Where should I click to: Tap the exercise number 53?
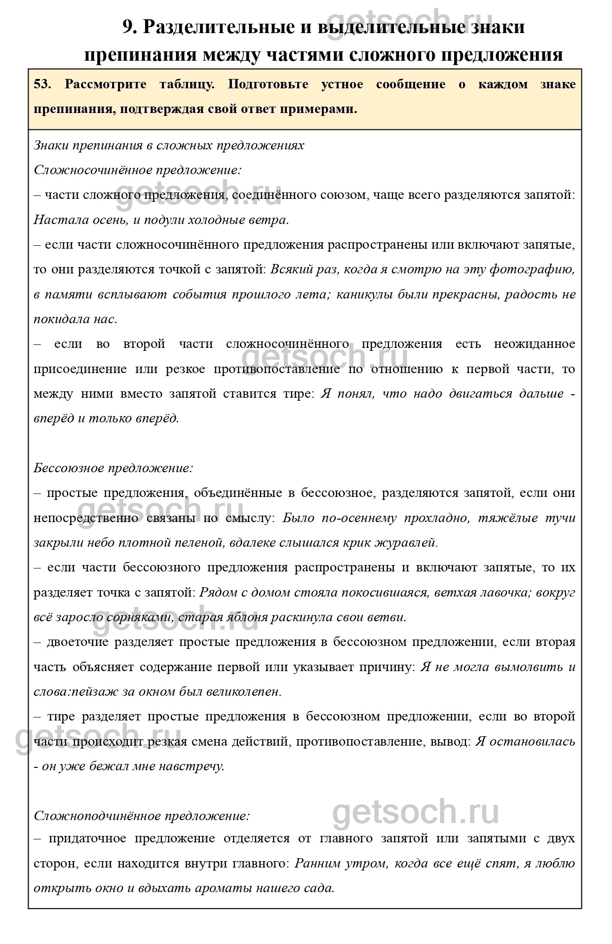(41, 84)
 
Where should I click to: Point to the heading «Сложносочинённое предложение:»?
(138, 170)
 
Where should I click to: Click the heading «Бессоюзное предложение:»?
(113, 468)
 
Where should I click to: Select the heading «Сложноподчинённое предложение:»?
(142, 816)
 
